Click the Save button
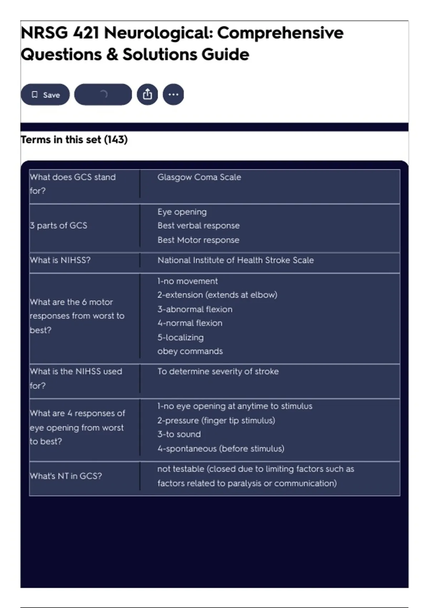(45, 95)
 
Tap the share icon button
(147, 94)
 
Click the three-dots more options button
(173, 94)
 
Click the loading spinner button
(103, 94)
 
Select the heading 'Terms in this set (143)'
(74, 139)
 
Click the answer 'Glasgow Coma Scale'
(199, 177)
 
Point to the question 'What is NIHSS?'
(60, 260)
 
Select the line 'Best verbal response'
(198, 226)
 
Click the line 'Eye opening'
(182, 212)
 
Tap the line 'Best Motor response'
(198, 240)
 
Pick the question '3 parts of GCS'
(58, 225)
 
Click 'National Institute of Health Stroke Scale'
(236, 260)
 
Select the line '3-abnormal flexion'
(195, 309)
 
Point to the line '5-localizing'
(181, 337)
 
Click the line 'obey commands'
(190, 351)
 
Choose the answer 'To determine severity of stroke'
(218, 371)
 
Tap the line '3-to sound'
(179, 434)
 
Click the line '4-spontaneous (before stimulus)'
(221, 448)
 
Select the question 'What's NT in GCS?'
(66, 476)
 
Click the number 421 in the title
(86, 33)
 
